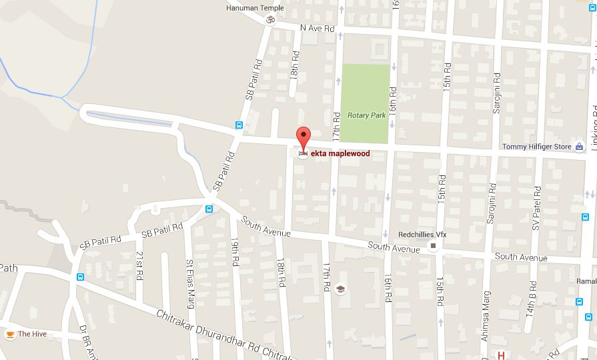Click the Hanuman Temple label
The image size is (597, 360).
point(255,8)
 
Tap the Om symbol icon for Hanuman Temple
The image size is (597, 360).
point(270,20)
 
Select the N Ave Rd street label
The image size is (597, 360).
point(317,28)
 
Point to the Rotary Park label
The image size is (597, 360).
point(366,115)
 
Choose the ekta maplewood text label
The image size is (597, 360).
point(340,153)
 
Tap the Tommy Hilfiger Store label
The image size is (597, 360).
point(536,147)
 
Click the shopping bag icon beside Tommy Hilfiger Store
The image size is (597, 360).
point(579,147)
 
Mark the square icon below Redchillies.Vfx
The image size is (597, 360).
point(433,247)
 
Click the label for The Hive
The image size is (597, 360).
point(32,334)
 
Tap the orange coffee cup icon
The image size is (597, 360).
point(9,334)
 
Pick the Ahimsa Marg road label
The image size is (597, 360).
point(485,323)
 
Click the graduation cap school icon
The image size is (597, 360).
point(341,289)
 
